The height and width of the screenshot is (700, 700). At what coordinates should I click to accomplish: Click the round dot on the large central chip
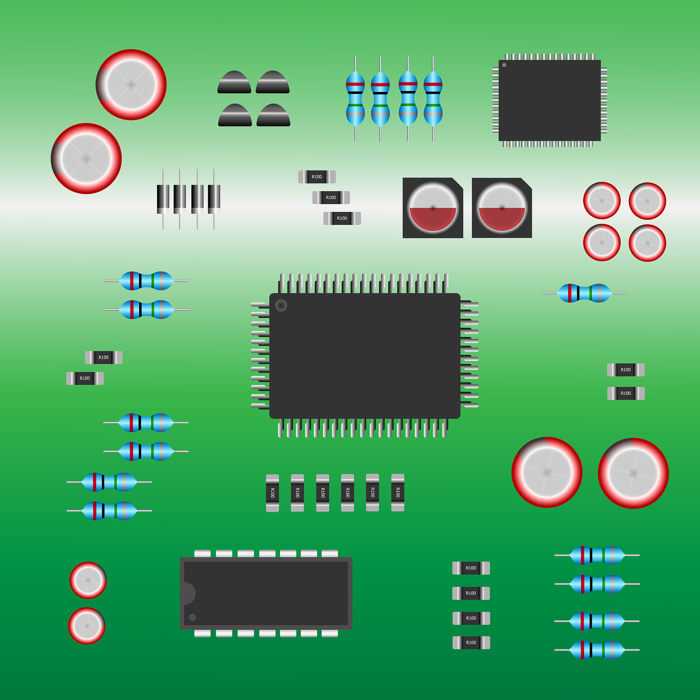click(281, 306)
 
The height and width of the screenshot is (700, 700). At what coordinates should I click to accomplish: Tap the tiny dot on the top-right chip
click(504, 65)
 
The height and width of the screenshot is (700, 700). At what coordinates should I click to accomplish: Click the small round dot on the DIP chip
click(192, 617)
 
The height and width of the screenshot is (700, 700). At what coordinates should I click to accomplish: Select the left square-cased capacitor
click(433, 208)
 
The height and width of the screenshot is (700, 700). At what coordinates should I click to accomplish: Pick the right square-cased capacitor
click(502, 208)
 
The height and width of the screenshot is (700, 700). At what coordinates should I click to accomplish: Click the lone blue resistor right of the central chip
click(584, 293)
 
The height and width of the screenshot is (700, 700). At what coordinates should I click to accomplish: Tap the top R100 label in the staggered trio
click(317, 177)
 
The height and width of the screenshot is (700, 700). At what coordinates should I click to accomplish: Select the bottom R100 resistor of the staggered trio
click(342, 218)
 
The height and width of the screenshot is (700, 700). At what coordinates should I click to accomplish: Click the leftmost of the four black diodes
click(163, 199)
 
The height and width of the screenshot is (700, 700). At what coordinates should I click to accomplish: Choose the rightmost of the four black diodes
click(214, 199)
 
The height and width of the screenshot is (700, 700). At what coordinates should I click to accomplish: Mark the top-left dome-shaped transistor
click(234, 83)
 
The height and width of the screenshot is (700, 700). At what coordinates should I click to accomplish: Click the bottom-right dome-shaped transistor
click(273, 116)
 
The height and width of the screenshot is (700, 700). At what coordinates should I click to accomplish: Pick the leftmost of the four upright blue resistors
click(355, 98)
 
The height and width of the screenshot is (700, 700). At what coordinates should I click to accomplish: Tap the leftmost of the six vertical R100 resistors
click(272, 493)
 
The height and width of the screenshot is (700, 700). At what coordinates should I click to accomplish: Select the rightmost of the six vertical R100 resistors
click(398, 493)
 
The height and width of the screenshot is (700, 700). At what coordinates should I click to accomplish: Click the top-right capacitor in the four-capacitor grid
click(647, 201)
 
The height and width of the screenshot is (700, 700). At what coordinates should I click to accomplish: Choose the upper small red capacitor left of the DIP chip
click(88, 580)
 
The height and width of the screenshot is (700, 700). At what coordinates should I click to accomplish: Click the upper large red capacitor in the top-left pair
click(131, 85)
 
